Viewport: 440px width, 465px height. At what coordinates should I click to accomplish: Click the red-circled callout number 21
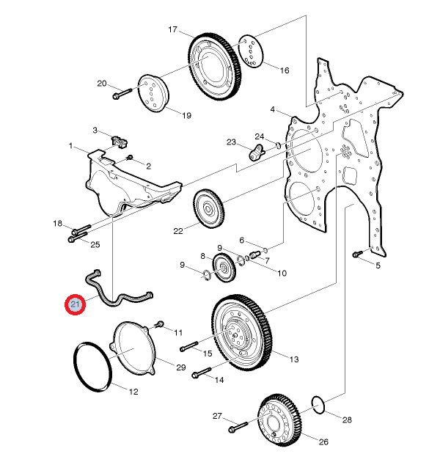[x=75, y=304]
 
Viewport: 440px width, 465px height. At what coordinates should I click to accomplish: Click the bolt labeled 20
[x=122, y=93]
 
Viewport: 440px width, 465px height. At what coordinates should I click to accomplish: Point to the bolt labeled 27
[x=238, y=427]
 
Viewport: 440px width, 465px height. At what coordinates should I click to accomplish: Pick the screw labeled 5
[x=357, y=254]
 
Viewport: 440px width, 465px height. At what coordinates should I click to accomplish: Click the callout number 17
[x=172, y=29]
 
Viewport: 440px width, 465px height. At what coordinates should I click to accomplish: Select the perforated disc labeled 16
[x=251, y=51]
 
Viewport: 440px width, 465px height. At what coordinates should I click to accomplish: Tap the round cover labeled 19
[x=153, y=93]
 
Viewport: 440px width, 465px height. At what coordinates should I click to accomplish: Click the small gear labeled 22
[x=209, y=208]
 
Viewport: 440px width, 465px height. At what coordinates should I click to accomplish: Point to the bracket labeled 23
[x=257, y=152]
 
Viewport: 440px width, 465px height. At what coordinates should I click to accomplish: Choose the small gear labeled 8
[x=224, y=268]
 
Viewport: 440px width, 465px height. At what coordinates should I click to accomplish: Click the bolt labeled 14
[x=202, y=373]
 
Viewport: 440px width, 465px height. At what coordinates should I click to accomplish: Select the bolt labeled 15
[x=189, y=346]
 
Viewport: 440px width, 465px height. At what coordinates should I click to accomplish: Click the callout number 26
[x=323, y=442]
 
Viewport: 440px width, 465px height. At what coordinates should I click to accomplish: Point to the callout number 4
[x=273, y=109]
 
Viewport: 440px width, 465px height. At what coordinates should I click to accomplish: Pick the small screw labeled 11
[x=160, y=324]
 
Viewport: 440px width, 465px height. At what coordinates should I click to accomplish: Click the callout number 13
[x=294, y=359]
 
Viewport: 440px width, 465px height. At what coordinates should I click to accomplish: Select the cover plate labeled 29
[x=133, y=348]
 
